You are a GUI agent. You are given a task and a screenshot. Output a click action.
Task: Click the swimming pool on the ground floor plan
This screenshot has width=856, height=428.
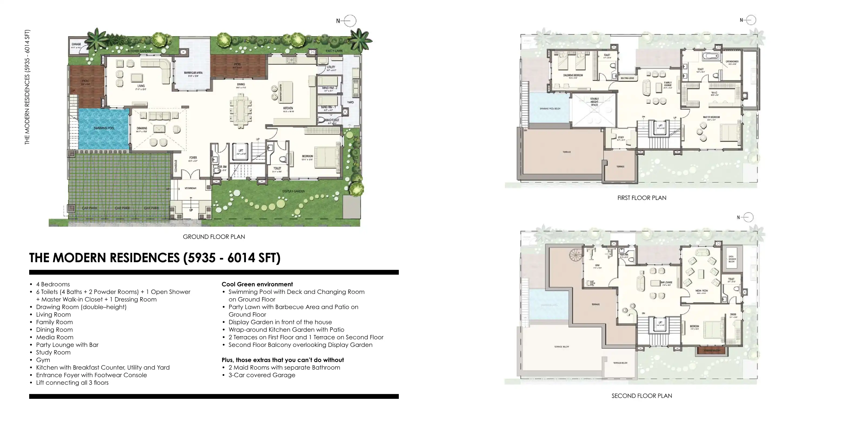(x=104, y=129)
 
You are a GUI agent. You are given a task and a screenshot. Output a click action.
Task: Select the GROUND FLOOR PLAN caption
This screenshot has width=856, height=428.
(x=214, y=237)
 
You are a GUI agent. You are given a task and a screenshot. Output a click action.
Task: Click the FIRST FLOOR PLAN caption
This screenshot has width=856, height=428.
(x=641, y=198)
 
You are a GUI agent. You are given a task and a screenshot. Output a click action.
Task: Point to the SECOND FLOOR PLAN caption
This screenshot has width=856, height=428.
(x=641, y=396)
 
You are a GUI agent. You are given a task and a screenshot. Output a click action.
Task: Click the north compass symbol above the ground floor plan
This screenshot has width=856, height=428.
(x=350, y=21)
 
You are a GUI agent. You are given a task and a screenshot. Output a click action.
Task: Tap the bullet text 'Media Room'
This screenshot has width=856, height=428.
(x=55, y=337)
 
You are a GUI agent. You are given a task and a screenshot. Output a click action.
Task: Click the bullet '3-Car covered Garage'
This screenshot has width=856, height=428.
(x=262, y=375)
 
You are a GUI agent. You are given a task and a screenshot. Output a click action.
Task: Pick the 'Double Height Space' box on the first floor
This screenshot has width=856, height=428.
(x=594, y=110)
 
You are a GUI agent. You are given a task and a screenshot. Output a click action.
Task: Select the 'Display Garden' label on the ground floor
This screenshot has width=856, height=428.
(x=293, y=191)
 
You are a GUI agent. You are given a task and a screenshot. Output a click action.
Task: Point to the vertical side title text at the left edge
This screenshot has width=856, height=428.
(x=27, y=87)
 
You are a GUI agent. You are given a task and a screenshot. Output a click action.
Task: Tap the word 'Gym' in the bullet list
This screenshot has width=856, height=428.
(x=43, y=360)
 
